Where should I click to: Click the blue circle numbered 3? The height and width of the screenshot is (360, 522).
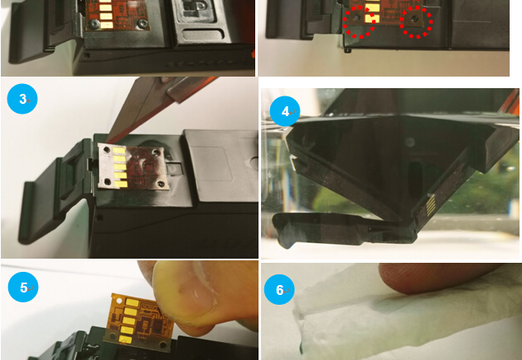[x=22, y=99]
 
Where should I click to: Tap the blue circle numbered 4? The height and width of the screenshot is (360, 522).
[x=285, y=111]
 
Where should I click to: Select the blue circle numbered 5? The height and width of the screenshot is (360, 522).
[x=23, y=287]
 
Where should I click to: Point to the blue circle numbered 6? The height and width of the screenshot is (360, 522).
[x=279, y=289]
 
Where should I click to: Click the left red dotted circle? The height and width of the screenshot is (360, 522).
[x=359, y=21]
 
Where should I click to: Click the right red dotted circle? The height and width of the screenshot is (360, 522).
[x=416, y=21]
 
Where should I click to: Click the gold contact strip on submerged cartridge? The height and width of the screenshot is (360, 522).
[x=431, y=203]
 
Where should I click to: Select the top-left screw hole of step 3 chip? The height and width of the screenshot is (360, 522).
[x=106, y=150]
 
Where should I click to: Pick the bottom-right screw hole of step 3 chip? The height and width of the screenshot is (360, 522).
[x=161, y=184]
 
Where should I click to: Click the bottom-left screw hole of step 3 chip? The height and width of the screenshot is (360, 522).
[x=107, y=182]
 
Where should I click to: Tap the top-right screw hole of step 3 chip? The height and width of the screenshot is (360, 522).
[x=155, y=152]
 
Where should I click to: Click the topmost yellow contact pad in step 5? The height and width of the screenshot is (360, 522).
[x=133, y=302]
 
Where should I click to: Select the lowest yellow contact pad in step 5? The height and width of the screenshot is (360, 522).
[x=125, y=339]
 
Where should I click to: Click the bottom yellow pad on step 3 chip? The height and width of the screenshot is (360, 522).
[x=121, y=185]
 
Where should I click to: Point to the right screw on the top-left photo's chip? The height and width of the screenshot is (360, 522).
[x=143, y=23]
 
